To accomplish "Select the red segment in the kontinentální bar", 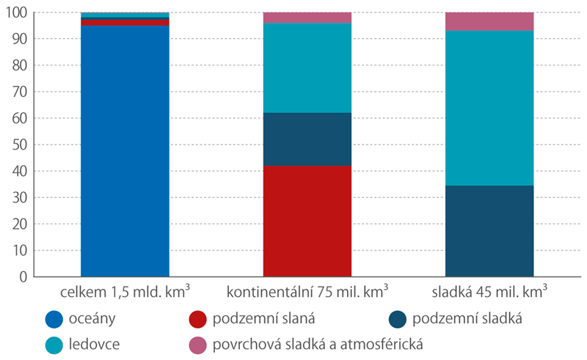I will pyautogui.click(x=307, y=221).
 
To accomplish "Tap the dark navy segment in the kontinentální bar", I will pyautogui.click(x=307, y=139).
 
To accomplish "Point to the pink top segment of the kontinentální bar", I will pyautogui.click(x=307, y=18).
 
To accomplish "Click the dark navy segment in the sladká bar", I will pyautogui.click(x=489, y=231).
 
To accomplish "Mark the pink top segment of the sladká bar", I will pyautogui.click(x=489, y=21).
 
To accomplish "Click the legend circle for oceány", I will pyautogui.click(x=53, y=320).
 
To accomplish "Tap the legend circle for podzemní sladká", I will pyautogui.click(x=395, y=320).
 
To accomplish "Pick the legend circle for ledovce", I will pyautogui.click(x=53, y=342).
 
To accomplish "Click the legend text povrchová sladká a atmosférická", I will pyautogui.click(x=320, y=342).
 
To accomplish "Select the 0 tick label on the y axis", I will pyautogui.click(x=23, y=276).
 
